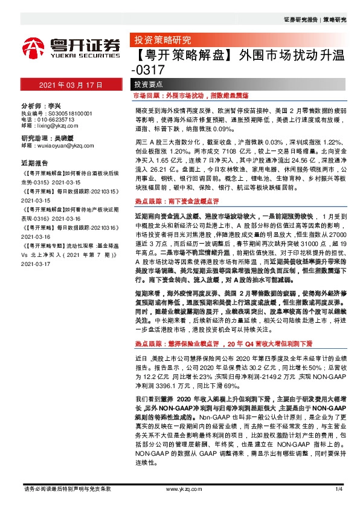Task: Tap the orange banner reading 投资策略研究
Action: pos(162,41)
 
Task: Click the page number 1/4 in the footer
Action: pos(338,488)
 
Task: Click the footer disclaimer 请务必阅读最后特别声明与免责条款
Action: pos(66,488)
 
